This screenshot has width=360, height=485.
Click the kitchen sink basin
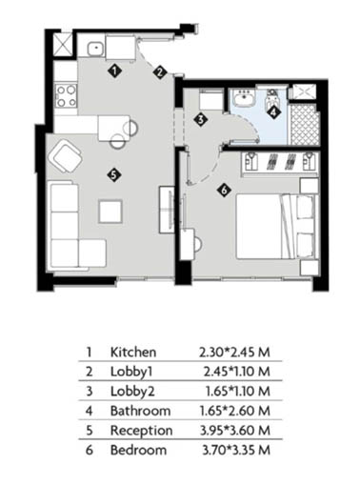click(95, 49)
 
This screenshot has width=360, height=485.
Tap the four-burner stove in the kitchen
click(67, 95)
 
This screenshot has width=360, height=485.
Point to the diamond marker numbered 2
click(160, 72)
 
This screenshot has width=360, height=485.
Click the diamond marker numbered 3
click(201, 120)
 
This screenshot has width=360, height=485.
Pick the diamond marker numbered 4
click(273, 111)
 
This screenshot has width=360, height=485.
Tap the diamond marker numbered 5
click(114, 174)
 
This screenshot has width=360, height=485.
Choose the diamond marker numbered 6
click(224, 190)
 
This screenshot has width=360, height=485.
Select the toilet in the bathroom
click(271, 97)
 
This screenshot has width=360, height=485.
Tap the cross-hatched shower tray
click(304, 125)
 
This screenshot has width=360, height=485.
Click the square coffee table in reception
click(110, 211)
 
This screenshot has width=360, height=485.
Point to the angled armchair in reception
click(66, 156)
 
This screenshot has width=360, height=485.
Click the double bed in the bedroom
click(277, 226)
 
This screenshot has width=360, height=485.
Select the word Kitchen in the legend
click(133, 353)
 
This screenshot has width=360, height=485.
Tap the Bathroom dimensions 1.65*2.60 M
click(235, 411)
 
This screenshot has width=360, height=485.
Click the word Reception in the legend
click(142, 431)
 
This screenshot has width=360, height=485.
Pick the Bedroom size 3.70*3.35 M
click(236, 451)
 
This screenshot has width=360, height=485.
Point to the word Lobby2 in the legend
click(132, 392)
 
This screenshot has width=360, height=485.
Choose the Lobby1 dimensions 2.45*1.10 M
click(237, 372)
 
